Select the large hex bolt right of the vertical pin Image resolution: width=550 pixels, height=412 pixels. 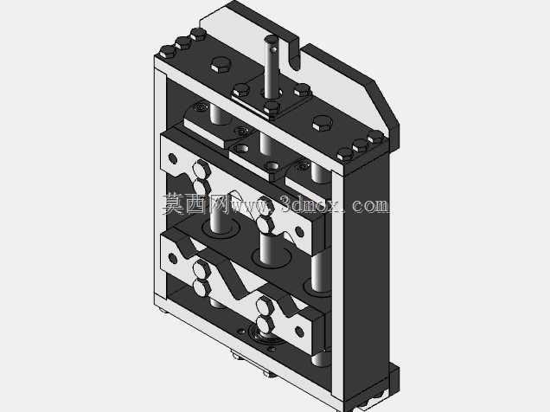point(322,123)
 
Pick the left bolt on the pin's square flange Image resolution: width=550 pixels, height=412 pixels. point(241,90)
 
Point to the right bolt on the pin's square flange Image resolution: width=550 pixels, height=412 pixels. point(302,90)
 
